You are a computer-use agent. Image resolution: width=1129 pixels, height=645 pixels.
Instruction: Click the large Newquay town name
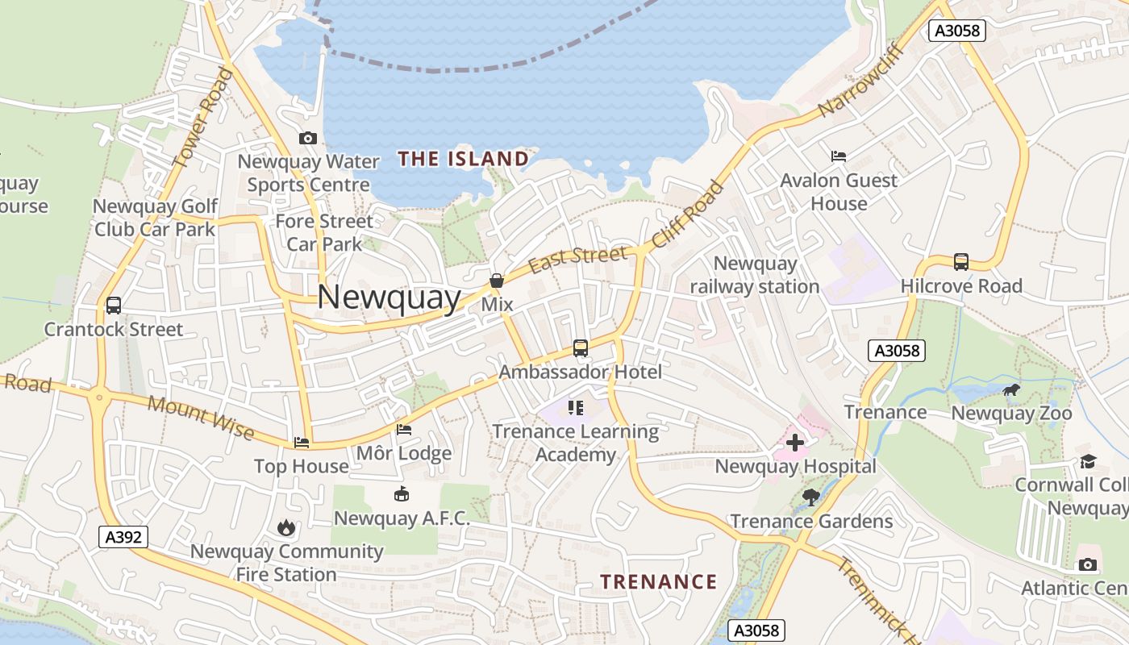click(x=389, y=297)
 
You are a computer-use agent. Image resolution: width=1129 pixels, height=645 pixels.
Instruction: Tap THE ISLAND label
click(x=463, y=159)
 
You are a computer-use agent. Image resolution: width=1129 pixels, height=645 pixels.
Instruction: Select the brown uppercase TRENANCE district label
click(x=658, y=581)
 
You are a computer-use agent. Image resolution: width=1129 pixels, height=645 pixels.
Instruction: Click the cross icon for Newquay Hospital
click(x=795, y=443)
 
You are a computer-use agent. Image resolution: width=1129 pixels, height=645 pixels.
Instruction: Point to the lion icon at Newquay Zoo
click(x=1010, y=391)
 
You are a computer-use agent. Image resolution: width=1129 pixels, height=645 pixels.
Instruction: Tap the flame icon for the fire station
click(x=285, y=528)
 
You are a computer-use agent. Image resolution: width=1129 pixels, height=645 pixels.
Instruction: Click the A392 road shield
click(x=124, y=537)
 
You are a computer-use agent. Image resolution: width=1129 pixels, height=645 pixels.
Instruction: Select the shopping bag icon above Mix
click(x=497, y=281)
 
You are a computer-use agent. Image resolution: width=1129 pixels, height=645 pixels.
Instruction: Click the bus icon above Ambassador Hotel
click(x=580, y=348)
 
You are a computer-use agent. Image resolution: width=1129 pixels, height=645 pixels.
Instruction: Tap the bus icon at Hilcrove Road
click(x=960, y=262)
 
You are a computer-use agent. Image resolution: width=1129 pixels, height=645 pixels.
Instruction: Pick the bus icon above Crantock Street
click(x=114, y=306)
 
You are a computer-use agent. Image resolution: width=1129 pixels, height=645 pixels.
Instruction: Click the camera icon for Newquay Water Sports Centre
click(x=307, y=139)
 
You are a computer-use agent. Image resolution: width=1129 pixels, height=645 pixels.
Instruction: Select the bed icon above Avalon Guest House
click(x=839, y=156)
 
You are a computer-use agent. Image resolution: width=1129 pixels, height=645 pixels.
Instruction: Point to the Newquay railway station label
click(x=755, y=275)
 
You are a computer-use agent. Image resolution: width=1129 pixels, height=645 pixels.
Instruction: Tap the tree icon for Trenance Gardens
click(x=811, y=497)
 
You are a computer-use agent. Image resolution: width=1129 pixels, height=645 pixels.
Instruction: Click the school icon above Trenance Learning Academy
click(x=576, y=408)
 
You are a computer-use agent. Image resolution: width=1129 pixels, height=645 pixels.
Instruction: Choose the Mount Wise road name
click(x=202, y=418)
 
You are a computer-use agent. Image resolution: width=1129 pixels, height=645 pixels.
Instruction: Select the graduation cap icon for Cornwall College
click(x=1089, y=461)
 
